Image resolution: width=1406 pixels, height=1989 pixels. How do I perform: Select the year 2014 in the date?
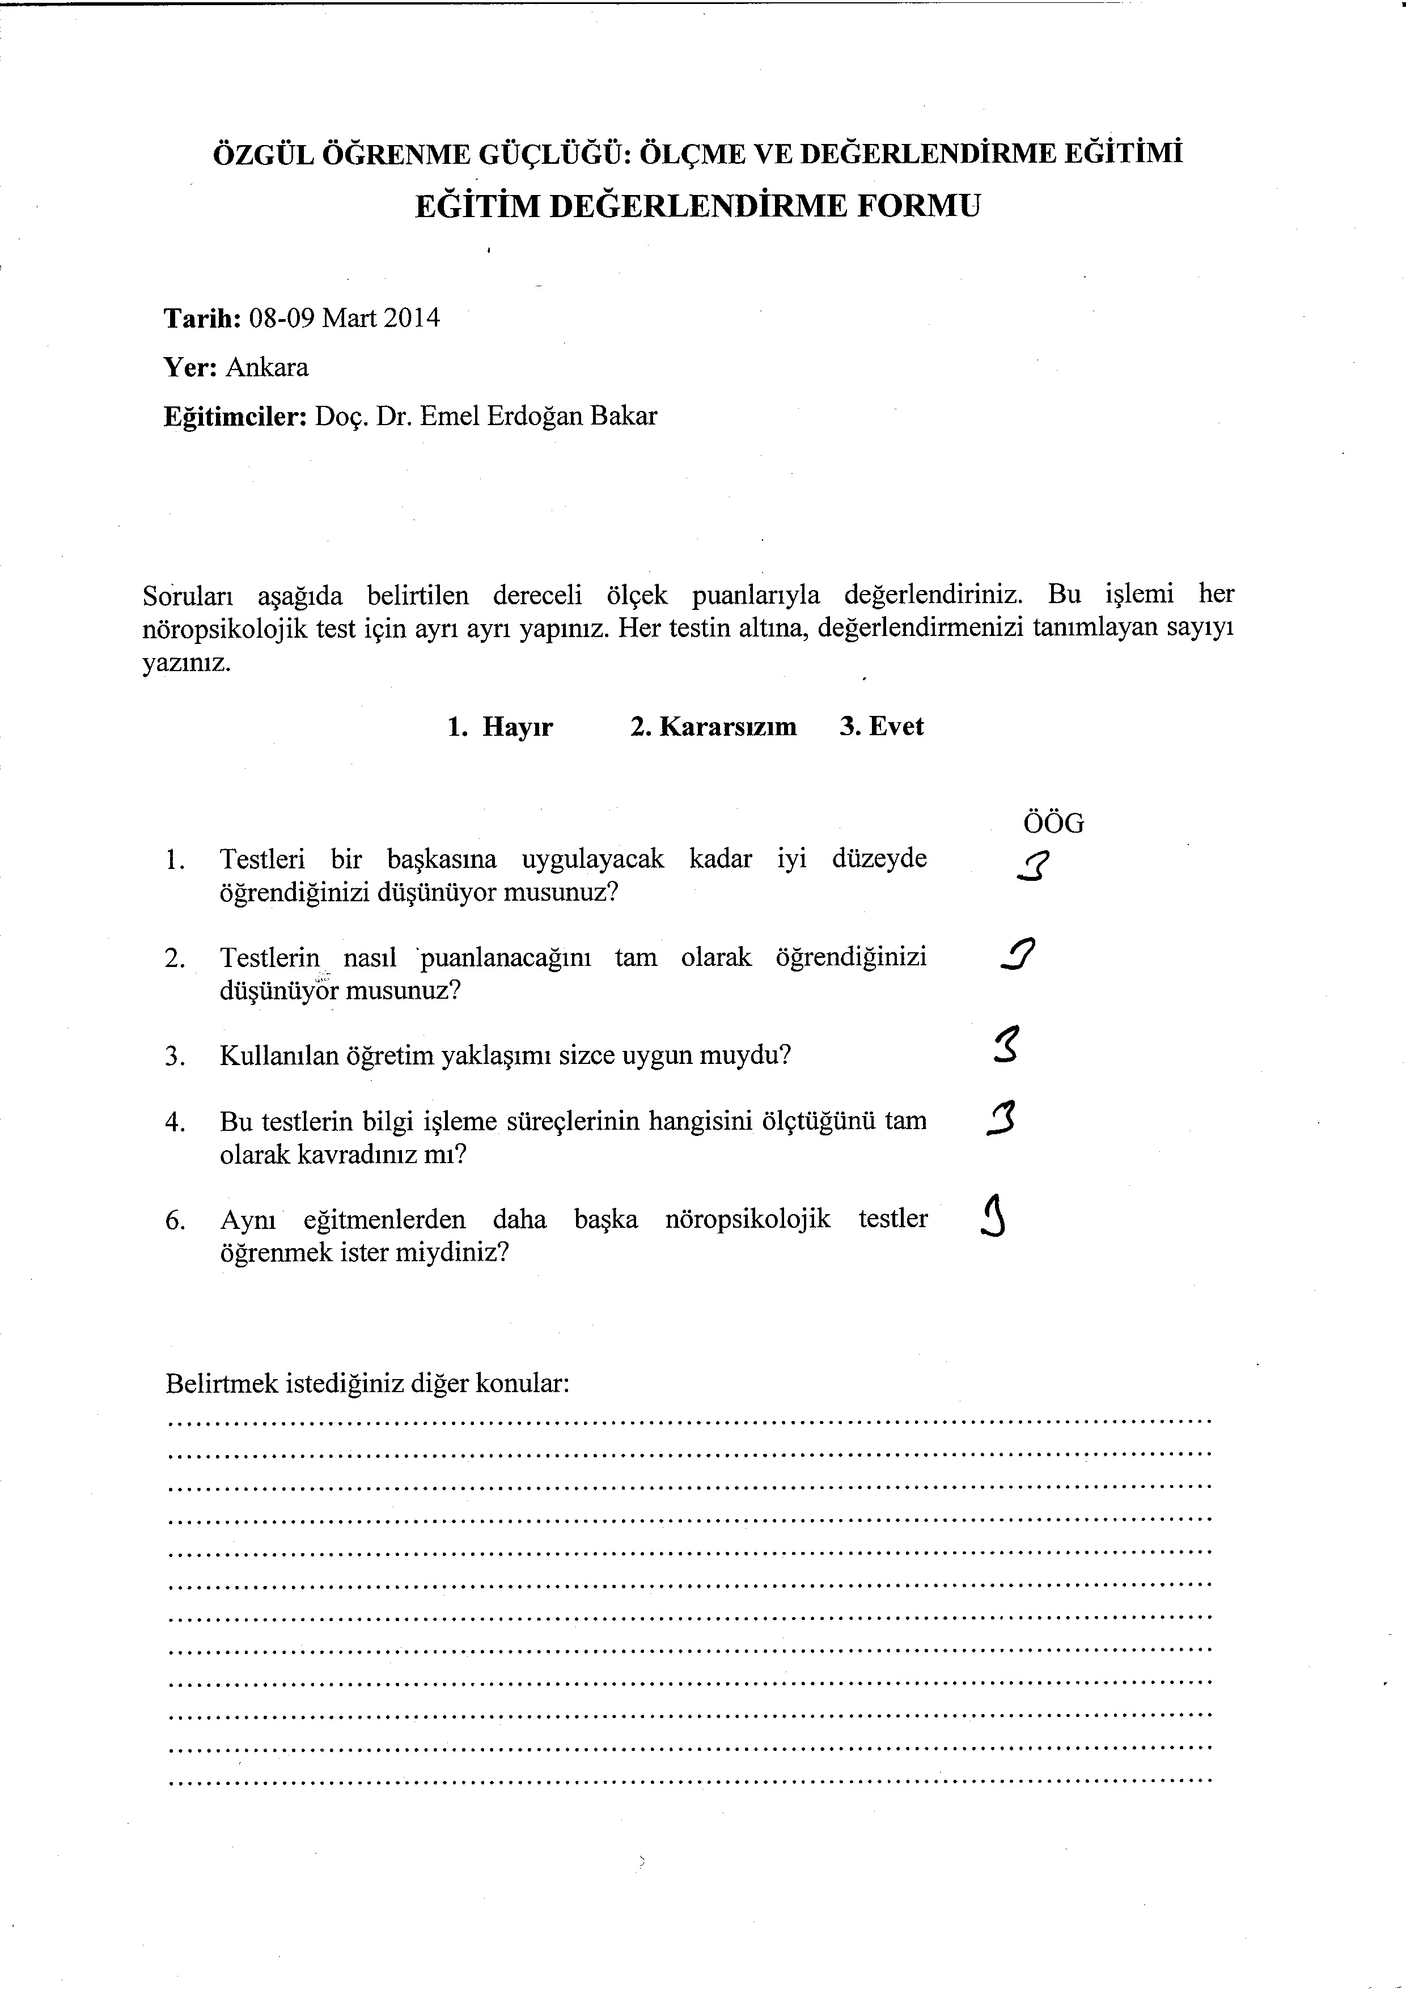pos(412,319)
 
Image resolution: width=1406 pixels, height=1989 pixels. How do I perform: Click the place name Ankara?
pos(267,367)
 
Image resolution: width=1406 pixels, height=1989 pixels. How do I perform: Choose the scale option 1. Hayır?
pos(500,726)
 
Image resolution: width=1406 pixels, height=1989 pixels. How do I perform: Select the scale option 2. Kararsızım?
pos(713,726)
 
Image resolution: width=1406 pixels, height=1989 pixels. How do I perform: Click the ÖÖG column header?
pos(1053,823)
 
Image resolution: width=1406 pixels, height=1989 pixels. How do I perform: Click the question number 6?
pos(175,1220)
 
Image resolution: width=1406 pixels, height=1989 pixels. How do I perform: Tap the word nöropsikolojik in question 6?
pos(748,1220)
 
